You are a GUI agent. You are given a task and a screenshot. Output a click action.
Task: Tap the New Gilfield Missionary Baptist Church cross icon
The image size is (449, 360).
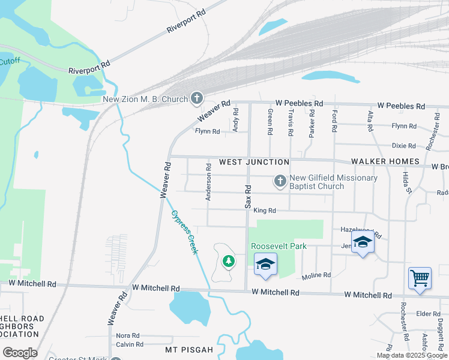(x=280, y=180)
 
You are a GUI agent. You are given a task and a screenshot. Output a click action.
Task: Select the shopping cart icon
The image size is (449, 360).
(x=420, y=278)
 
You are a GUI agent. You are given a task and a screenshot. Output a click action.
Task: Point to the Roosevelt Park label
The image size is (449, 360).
(x=279, y=246)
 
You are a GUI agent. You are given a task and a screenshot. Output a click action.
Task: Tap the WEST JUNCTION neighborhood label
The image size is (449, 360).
(x=254, y=162)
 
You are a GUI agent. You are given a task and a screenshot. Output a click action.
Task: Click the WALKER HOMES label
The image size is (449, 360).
(x=385, y=161)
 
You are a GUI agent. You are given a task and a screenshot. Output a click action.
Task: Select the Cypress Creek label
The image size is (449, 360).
(x=184, y=232)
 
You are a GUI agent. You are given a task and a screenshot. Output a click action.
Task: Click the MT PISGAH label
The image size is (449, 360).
(x=189, y=349)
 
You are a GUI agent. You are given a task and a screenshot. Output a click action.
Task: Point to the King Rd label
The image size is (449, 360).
(x=264, y=211)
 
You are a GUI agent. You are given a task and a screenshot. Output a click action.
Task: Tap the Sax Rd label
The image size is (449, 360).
(x=247, y=196)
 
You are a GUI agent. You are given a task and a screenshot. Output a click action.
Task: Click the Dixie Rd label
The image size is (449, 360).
(x=403, y=146)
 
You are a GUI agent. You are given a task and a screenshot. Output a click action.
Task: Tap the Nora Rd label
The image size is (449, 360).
(x=128, y=335)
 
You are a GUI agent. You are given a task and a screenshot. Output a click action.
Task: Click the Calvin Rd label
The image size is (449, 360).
(x=130, y=344)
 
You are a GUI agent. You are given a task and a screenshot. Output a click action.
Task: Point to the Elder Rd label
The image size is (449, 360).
(x=429, y=314)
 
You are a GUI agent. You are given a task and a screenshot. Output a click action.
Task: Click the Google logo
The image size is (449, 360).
(x=20, y=353)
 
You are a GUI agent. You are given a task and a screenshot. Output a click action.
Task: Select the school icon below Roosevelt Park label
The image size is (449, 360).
(x=265, y=264)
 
